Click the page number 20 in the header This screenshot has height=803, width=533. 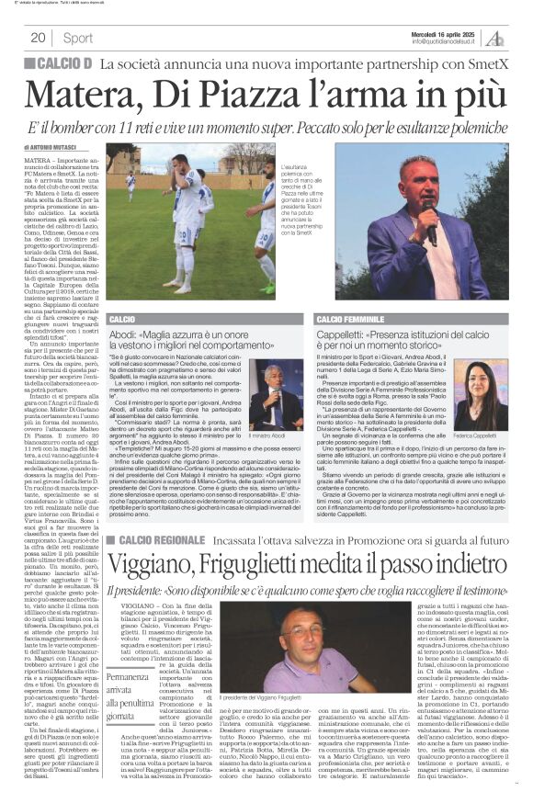click(x=39, y=38)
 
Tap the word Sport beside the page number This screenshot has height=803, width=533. click(x=79, y=38)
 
